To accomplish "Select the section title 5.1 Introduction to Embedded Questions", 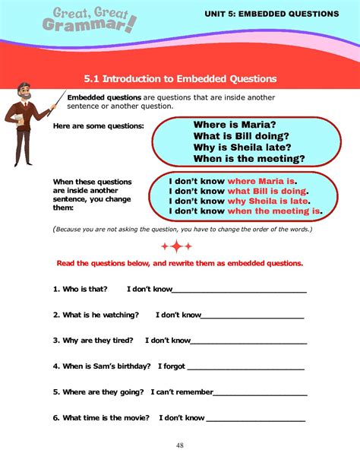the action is [x=180, y=78].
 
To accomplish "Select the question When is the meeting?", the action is [x=248, y=159].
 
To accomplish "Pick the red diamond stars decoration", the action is [x=176, y=246].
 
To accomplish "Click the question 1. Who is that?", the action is [x=80, y=290].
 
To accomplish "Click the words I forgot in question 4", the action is [x=171, y=366].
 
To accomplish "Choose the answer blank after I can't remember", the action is [x=260, y=394].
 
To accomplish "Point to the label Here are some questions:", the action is [x=98, y=125].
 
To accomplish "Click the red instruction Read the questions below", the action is [x=180, y=263].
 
